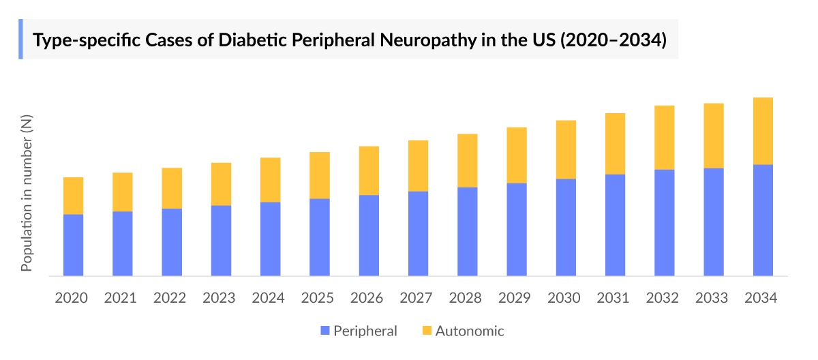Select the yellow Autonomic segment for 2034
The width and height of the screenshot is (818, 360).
pos(763,131)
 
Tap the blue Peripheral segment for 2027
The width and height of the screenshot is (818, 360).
pos(418,234)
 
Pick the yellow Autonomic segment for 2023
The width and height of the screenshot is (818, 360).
pos(221,184)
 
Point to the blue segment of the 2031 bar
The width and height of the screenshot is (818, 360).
pos(615,225)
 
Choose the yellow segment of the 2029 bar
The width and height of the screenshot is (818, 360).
pos(517,155)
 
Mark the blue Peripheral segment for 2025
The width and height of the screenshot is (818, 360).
pos(320,237)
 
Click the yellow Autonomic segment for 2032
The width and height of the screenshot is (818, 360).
pos(664,138)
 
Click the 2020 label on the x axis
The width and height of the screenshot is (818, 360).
pos(72,298)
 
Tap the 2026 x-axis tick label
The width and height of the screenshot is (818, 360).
pos(368,298)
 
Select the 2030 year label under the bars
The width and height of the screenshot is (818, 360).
pos(565,298)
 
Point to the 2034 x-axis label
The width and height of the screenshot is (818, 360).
pos(762,298)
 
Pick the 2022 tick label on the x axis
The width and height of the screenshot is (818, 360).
pos(171,298)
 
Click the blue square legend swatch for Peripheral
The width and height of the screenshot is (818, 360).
pos(326,331)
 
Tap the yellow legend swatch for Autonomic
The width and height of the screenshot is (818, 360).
pos(427,331)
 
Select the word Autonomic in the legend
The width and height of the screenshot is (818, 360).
pos(470,331)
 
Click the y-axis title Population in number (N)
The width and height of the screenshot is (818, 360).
pos(27,193)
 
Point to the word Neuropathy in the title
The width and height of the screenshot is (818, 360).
pos(413,40)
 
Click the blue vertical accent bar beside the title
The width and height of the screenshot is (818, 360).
pos(20,39)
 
